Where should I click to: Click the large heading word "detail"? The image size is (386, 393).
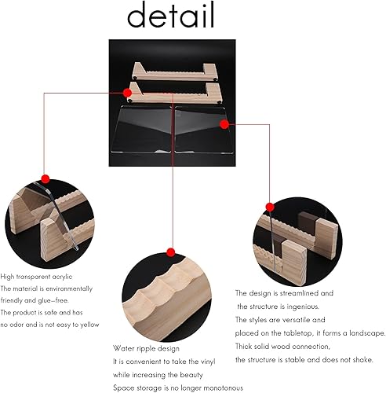(171, 15)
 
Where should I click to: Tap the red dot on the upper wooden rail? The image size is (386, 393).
(127, 93)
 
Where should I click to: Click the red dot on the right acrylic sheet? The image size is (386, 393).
(224, 124)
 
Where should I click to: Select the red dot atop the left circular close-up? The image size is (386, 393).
(46, 179)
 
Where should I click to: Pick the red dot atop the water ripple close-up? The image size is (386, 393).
(171, 252)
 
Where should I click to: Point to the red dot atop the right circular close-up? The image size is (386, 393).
(270, 207)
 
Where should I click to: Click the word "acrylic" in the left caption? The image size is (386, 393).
(62, 277)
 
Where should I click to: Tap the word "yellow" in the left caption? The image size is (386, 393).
(89, 325)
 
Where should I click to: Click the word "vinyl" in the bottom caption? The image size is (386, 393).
(208, 362)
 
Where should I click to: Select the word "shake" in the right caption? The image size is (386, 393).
(362, 360)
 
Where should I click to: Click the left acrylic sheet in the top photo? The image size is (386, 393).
(141, 130)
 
